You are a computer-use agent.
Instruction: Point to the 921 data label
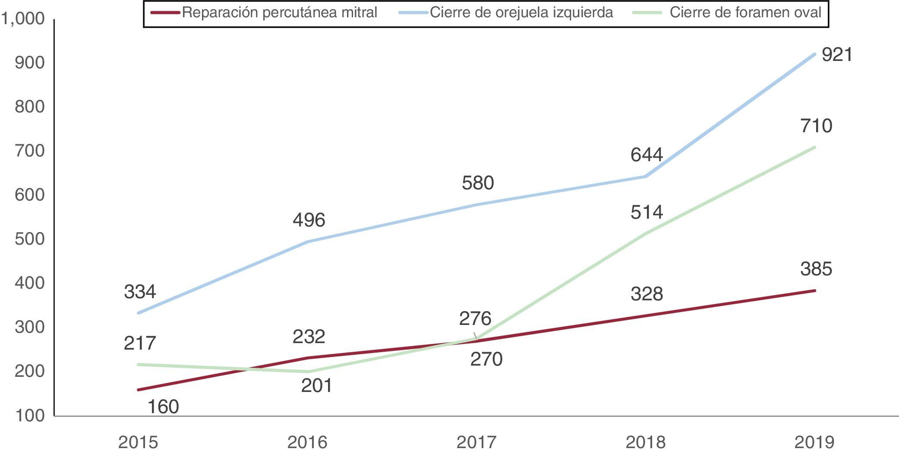tap(837, 55)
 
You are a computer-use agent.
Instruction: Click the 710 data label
tap(816, 126)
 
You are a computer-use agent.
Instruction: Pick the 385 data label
tap(816, 269)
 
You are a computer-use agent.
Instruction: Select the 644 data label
tap(647, 155)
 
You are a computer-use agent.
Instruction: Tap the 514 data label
tap(647, 212)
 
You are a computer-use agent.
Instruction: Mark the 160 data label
tap(163, 407)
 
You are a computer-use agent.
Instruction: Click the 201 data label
tap(316, 385)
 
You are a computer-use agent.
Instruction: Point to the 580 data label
tap(478, 183)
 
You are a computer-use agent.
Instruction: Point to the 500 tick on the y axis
tap(29, 239)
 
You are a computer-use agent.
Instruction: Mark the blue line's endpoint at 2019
tap(814, 54)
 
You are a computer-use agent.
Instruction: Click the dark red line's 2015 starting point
tap(139, 390)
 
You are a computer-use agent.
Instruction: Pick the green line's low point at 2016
tap(308, 372)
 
